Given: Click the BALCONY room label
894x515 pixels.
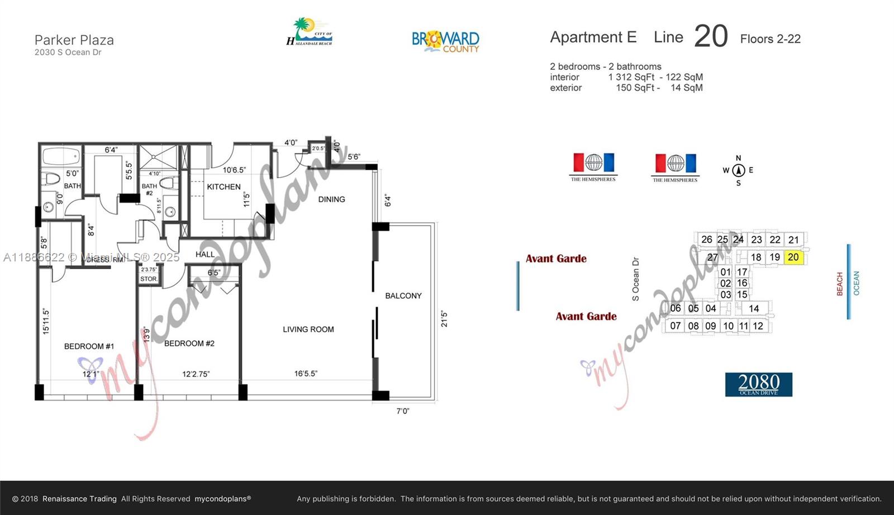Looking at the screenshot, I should click(403, 296).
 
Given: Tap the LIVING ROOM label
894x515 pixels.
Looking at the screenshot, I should click(308, 330).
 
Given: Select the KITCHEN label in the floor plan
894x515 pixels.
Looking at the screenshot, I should click(223, 187).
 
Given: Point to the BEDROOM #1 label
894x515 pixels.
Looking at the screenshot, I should click(89, 346).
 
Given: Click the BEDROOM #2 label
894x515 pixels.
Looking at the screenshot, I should click(189, 344).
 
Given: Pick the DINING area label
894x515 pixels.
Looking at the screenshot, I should click(331, 199).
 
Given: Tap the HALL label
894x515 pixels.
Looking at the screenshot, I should click(205, 254).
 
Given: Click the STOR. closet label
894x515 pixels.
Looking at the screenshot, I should click(149, 279).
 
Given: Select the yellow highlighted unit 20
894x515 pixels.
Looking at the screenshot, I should click(793, 257).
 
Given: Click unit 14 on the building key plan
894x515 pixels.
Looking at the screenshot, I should click(754, 308).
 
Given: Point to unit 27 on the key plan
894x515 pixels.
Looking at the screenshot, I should click(712, 257).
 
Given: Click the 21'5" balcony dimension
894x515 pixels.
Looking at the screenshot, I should click(444, 319).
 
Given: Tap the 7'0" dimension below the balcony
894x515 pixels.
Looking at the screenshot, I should click(403, 411).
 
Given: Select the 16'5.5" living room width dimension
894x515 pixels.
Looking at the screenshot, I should click(306, 374).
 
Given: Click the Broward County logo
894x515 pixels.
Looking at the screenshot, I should click(445, 41).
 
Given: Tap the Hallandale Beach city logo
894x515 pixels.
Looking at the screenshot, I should click(309, 32).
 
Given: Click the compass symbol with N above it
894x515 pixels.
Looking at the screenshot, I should click(738, 170).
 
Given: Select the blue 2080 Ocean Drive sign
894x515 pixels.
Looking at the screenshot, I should click(758, 384).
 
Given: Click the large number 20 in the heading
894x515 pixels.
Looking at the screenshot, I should click(711, 36).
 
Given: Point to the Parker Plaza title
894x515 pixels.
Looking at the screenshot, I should click(74, 40).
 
